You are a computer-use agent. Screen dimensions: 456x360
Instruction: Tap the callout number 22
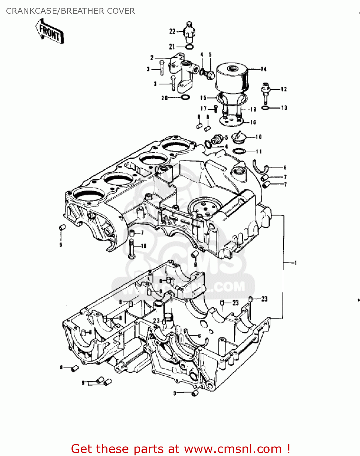tap(172, 31)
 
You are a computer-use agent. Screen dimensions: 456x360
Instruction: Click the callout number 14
tap(263, 69)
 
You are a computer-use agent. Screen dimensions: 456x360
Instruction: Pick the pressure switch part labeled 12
tap(265, 91)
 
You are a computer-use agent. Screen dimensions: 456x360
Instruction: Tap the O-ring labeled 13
tap(265, 108)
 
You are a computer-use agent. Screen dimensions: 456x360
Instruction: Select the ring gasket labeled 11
tap(239, 151)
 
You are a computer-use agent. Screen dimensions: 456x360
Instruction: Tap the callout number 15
tap(203, 98)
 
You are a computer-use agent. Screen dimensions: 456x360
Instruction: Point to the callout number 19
tap(253, 109)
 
